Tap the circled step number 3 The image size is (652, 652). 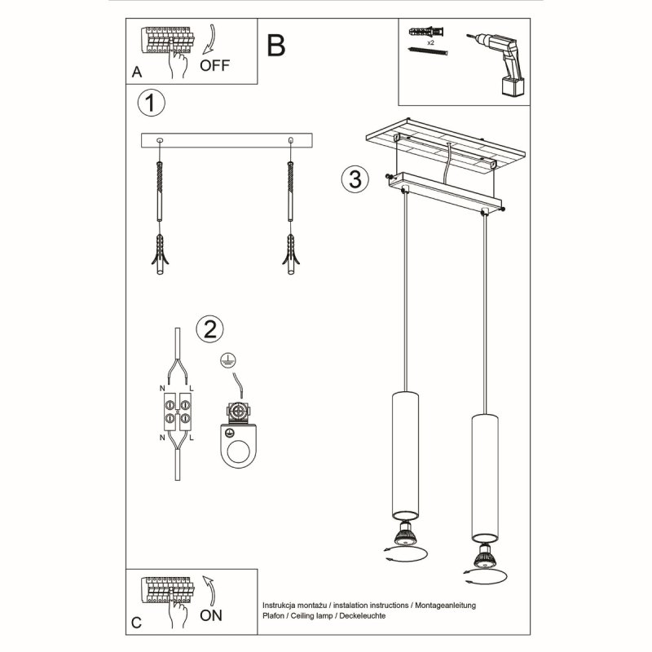(352, 179)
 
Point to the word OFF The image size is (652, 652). (215, 66)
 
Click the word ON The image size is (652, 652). (210, 615)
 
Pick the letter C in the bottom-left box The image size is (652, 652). (137, 623)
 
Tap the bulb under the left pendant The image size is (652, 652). (405, 536)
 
